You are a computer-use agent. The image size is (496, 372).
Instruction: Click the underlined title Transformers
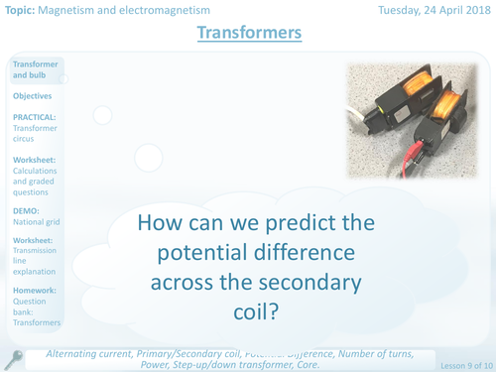coord(248,34)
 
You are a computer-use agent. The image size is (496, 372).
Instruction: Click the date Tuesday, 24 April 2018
coord(434,9)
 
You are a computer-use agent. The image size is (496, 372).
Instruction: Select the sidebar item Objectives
coord(33,96)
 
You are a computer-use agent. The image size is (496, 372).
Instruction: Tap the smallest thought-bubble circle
coord(101,115)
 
